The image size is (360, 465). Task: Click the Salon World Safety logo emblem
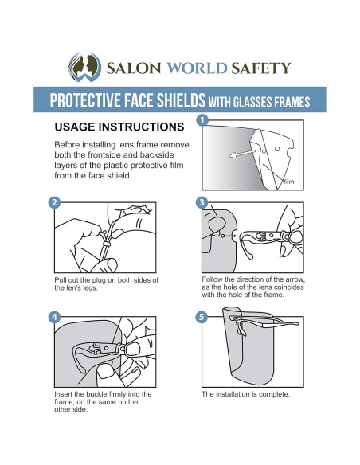coord(84,68)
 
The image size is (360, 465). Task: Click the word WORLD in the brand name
coord(197,68)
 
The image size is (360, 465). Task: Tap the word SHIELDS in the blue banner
coord(181,100)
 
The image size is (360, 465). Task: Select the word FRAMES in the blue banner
coord(292,102)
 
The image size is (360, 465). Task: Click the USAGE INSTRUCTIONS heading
coord(119,127)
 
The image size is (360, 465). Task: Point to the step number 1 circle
coord(202,120)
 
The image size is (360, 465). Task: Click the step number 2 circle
coord(54,203)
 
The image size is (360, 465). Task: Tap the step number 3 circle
coord(202,202)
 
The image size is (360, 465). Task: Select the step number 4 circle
coord(54,318)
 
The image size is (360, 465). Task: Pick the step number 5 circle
coord(202,317)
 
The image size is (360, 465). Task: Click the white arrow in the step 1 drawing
coord(241,154)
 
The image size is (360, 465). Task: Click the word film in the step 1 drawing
coord(289,182)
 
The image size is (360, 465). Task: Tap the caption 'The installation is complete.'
coord(245,394)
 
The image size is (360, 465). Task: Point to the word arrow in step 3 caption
coord(295,279)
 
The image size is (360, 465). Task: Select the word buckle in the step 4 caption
coord(96,394)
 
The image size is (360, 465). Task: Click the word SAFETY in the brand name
coord(261,68)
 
